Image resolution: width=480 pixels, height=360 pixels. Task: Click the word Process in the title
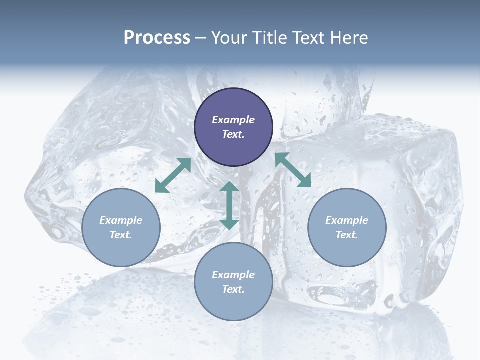(x=157, y=38)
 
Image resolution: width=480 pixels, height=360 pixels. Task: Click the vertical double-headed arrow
(x=229, y=205)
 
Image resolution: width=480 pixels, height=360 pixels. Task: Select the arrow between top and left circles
(x=173, y=175)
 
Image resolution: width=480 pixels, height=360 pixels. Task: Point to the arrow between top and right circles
(x=293, y=170)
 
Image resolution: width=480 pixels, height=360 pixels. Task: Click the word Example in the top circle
(x=233, y=120)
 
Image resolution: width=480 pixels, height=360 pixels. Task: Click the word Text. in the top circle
(x=233, y=134)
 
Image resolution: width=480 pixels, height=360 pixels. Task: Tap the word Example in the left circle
(x=121, y=220)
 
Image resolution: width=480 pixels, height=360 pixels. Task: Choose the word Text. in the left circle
(x=121, y=235)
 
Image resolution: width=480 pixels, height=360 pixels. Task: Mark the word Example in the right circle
(x=347, y=220)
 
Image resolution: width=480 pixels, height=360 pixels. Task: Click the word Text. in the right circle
(x=347, y=235)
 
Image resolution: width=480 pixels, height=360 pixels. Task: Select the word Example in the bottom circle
(x=233, y=275)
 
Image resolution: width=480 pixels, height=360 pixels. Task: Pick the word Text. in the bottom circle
(x=233, y=289)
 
